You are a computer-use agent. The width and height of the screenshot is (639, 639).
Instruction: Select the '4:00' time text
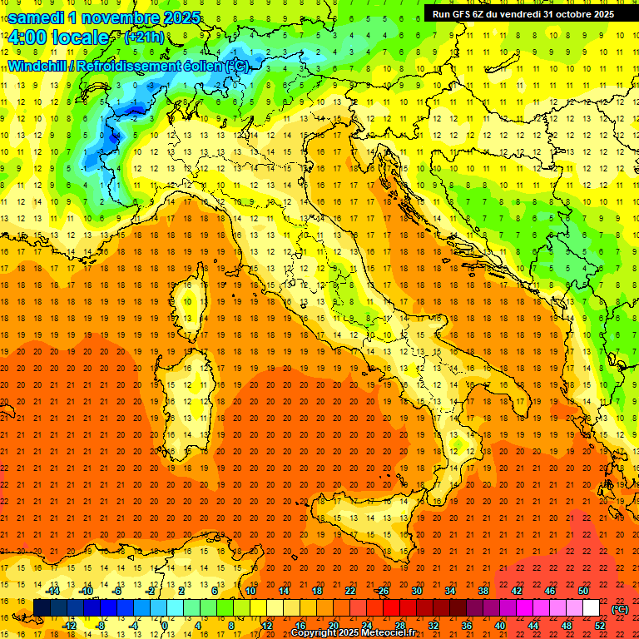30,37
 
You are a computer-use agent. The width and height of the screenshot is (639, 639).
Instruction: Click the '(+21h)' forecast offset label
144,37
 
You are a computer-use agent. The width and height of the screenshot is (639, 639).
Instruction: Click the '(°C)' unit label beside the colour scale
619,608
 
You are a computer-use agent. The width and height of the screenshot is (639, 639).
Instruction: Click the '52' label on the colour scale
599,625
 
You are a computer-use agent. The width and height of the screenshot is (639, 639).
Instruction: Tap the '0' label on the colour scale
165,625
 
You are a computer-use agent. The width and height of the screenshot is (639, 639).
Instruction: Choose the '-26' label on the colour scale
383,591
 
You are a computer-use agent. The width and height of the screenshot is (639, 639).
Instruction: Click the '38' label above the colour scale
483,591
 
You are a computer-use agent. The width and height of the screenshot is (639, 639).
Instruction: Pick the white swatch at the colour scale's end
591,607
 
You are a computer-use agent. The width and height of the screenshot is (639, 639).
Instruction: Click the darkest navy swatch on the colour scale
42,607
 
